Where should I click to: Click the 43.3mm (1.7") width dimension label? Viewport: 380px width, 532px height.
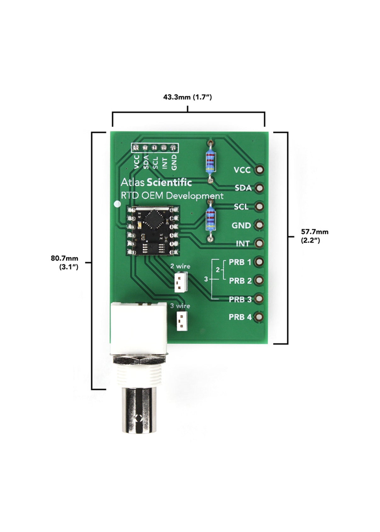(187, 97)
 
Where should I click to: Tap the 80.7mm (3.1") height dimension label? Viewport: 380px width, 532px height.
(65, 262)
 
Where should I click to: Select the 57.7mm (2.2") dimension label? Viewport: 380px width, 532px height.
(314, 236)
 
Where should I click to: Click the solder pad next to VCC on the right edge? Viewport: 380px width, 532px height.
(260, 170)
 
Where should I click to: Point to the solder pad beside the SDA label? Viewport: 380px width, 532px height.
(260, 188)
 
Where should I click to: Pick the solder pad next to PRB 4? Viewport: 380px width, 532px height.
(260, 317)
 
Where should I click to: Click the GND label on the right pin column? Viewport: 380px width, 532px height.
(241, 226)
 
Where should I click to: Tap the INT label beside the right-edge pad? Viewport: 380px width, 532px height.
(242, 244)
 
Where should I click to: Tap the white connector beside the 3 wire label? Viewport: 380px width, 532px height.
(181, 321)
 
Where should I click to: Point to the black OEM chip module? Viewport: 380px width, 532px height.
(153, 230)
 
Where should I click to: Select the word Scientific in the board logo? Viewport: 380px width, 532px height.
(169, 182)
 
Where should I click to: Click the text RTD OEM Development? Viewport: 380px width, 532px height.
(172, 196)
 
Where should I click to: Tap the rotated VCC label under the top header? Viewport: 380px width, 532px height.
(136, 162)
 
